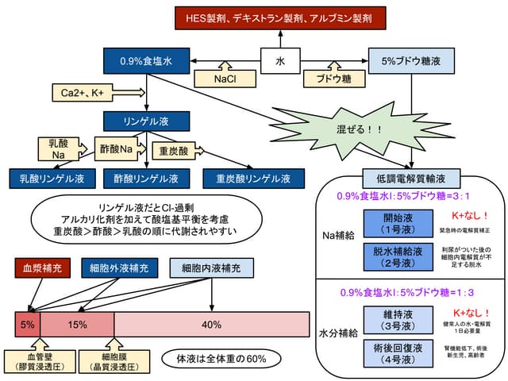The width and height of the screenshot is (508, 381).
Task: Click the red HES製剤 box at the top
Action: (x=287, y=17)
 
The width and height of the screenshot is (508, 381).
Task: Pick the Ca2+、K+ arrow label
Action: (x=85, y=94)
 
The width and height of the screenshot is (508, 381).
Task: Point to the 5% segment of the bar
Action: (x=28, y=325)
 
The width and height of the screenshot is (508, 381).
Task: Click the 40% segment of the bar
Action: (x=211, y=325)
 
